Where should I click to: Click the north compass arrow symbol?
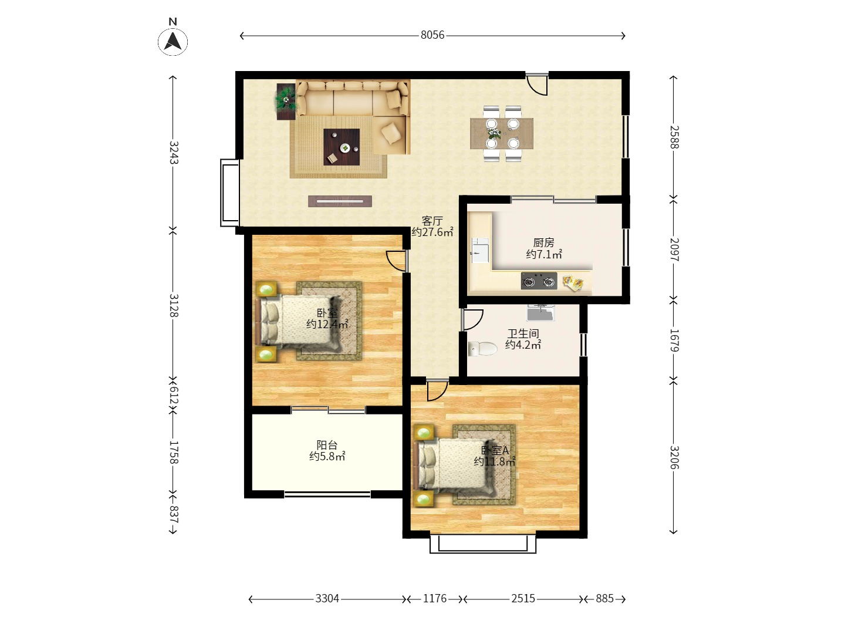click(173, 41)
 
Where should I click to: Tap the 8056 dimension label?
click(432, 35)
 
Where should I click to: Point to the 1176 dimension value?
click(435, 598)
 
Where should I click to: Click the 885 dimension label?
click(604, 598)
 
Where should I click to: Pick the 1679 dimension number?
click(674, 340)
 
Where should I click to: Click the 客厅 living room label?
click(432, 221)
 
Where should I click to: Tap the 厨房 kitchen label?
click(543, 242)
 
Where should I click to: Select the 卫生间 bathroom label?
click(523, 333)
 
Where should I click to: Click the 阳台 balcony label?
click(327, 445)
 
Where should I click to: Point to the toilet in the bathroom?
click(483, 348)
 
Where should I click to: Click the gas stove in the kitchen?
click(539, 281)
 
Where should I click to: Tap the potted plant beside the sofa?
click(286, 101)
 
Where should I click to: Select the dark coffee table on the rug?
click(342, 147)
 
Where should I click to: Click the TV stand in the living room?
click(340, 201)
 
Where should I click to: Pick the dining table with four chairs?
click(502, 133)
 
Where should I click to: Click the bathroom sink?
click(540, 312)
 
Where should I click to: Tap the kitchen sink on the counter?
click(481, 250)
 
